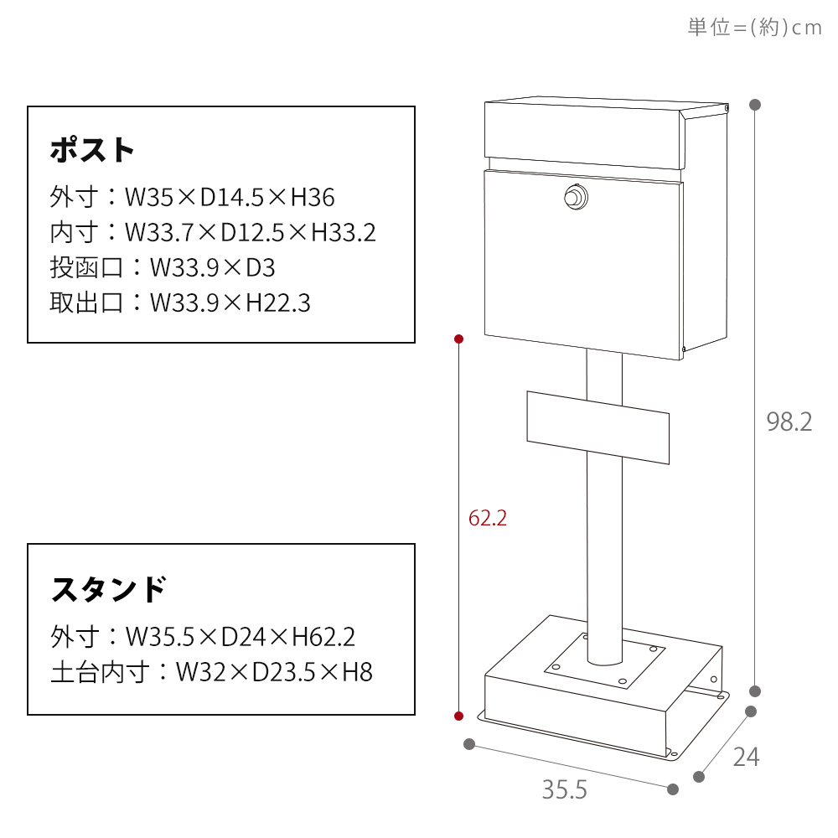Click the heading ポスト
click(x=92, y=150)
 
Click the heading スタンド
click(x=108, y=589)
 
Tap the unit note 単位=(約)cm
click(x=755, y=27)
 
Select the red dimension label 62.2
click(x=488, y=518)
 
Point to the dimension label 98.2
click(x=789, y=422)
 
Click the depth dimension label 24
click(x=746, y=757)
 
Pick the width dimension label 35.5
click(x=564, y=790)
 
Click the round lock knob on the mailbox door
click(x=577, y=197)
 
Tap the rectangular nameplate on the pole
click(x=598, y=427)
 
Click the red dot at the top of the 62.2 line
click(x=458, y=339)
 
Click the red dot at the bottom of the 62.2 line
click(x=458, y=716)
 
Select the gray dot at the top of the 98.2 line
click(x=755, y=105)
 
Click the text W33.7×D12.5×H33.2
click(x=250, y=232)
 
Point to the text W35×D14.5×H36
click(x=230, y=197)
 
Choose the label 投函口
click(x=86, y=267)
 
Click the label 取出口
click(x=86, y=303)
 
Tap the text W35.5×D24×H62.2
click(x=241, y=637)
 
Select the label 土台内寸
click(x=100, y=672)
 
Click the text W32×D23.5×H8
click(x=274, y=672)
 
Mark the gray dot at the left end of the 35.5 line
click(x=469, y=744)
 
